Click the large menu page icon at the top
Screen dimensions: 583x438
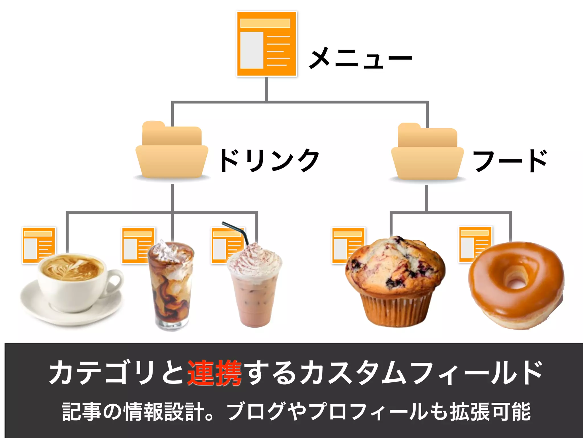point(266,44)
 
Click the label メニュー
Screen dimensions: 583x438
point(360,58)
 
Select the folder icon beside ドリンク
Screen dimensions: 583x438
point(172,151)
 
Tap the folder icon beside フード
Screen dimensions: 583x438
point(427,153)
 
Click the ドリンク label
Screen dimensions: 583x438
point(269,161)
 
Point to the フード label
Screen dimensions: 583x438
point(510,161)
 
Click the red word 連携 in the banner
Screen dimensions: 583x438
point(214,373)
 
